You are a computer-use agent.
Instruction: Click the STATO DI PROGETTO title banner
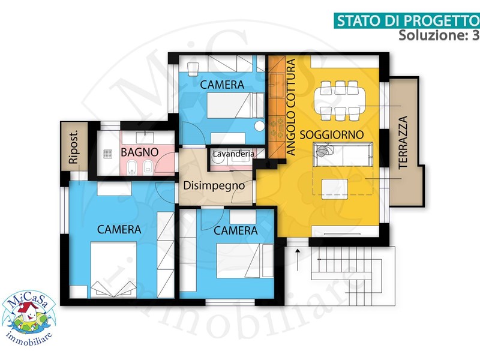[407, 20]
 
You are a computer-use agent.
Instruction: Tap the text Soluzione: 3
[439, 35]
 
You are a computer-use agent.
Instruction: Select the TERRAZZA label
[403, 142]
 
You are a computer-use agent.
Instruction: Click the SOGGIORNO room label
[332, 134]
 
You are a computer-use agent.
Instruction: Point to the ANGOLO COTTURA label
[291, 107]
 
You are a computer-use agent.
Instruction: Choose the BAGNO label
[140, 152]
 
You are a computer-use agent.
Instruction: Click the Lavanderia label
[233, 154]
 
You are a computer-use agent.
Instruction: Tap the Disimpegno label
[214, 186]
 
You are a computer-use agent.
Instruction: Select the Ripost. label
[74, 147]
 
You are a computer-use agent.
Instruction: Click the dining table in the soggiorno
[340, 100]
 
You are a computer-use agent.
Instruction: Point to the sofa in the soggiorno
[343, 155]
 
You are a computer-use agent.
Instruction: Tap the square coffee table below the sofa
[335, 189]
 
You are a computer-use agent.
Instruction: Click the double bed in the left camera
[113, 269]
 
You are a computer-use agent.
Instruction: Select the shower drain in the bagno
[108, 154]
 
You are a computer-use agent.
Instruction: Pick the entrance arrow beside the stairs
[297, 260]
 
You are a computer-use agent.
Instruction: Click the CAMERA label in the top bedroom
[222, 85]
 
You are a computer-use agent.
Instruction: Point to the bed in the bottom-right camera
[245, 261]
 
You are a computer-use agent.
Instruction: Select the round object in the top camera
[260, 126]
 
